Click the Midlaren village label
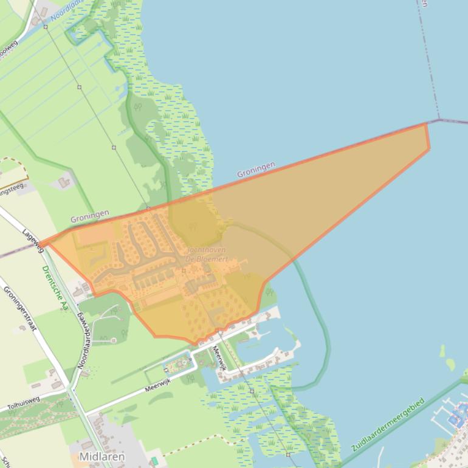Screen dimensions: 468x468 (x=102, y=456)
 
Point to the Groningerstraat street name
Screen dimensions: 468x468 (x=20, y=308)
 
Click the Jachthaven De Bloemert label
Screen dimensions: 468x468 (x=206, y=254)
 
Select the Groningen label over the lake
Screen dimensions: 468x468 (x=256, y=170)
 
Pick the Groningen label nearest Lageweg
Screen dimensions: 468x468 (x=89, y=215)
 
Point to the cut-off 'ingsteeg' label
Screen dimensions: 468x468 (x=12, y=188)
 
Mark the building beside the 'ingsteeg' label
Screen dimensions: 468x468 (x=64, y=182)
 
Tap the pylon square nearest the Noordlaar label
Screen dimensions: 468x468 (x=45, y=26)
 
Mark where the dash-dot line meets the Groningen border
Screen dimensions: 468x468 (x=439, y=120)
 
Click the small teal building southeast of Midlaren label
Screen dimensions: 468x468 (x=154, y=461)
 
